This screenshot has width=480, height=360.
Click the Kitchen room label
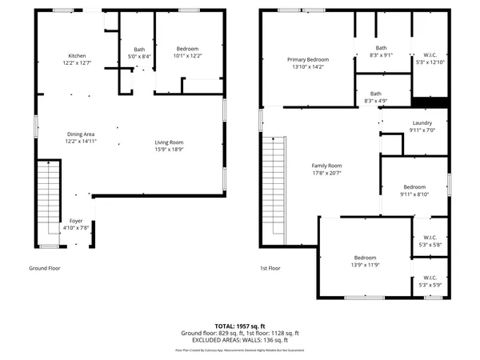pos(77,55)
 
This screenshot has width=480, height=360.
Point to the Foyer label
pos(76,220)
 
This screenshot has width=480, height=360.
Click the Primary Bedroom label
pos(308,59)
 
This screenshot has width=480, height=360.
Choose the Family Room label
pos(326,166)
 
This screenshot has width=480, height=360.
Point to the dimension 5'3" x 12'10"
pos(430,62)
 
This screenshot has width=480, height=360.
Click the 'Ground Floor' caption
pos(45,269)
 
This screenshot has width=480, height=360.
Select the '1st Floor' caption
pos(270,269)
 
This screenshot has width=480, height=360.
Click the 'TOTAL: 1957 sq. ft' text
pos(240,326)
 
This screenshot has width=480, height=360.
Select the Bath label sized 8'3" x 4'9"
pos(375,94)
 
